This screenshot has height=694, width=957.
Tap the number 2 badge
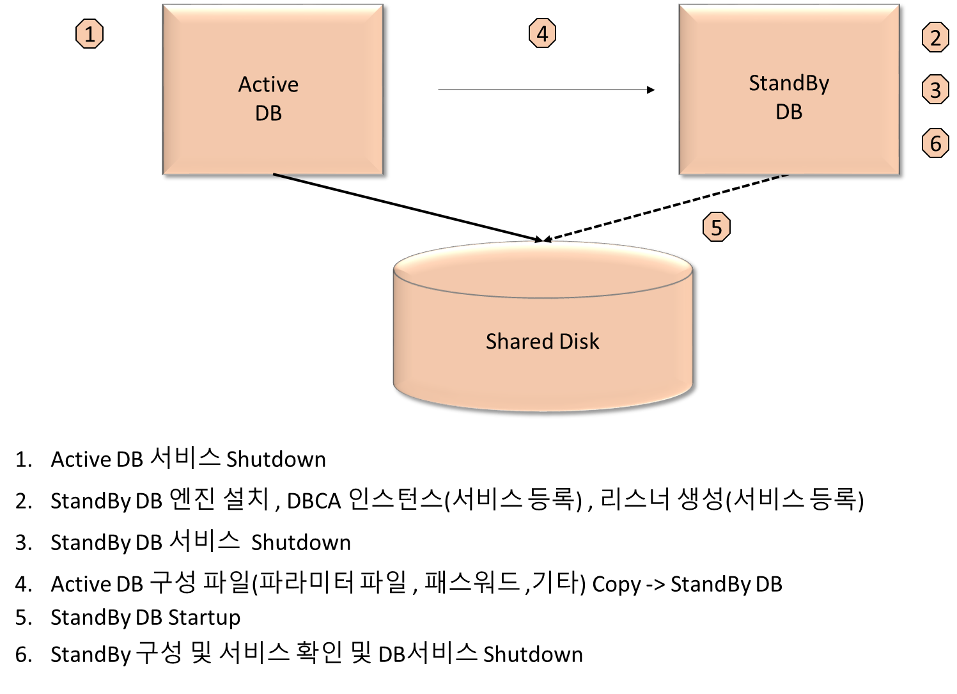click(x=935, y=38)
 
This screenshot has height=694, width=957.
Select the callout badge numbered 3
click(x=935, y=90)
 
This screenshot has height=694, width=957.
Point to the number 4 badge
click(x=542, y=33)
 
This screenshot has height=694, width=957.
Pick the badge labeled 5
click(x=716, y=228)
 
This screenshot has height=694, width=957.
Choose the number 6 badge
click(x=935, y=143)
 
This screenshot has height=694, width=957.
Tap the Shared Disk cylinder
click(x=542, y=371)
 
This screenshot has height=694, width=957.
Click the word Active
click(x=268, y=84)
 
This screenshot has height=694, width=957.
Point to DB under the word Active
click(x=268, y=113)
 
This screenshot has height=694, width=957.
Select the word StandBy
click(x=789, y=83)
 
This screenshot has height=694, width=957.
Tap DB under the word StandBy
click(x=789, y=112)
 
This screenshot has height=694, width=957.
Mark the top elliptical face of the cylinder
click(x=542, y=269)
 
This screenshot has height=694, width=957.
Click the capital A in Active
click(x=245, y=84)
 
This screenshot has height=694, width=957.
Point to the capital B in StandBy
click(x=813, y=83)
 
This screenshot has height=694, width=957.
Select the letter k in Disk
click(x=595, y=341)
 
